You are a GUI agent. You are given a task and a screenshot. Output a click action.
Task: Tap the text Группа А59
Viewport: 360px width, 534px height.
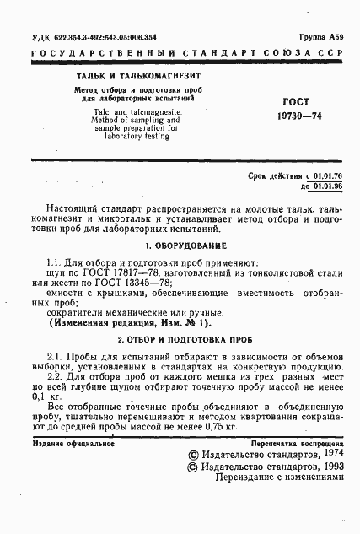coord(321,39)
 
